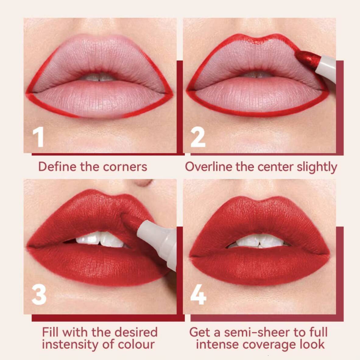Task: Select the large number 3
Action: click(39, 295)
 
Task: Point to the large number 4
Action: click(198, 295)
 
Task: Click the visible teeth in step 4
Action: click(259, 241)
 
